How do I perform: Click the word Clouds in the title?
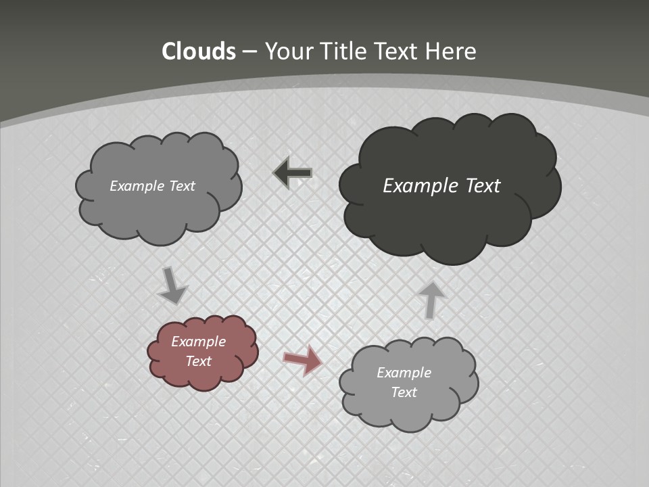[x=199, y=51]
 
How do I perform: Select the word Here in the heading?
[x=451, y=51]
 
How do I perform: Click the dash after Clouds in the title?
[x=249, y=52]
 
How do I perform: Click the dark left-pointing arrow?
[x=293, y=173]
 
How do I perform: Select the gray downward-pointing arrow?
[x=172, y=285]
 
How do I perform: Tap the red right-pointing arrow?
[x=303, y=360]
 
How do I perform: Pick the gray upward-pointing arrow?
[x=431, y=300]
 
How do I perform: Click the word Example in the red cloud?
[x=198, y=342]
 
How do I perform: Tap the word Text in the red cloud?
[x=199, y=361]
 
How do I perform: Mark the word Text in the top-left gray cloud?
[x=181, y=186]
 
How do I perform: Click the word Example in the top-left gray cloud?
[x=137, y=186]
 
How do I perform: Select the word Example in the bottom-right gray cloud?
[x=404, y=373]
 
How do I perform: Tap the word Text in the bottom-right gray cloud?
[x=404, y=392]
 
